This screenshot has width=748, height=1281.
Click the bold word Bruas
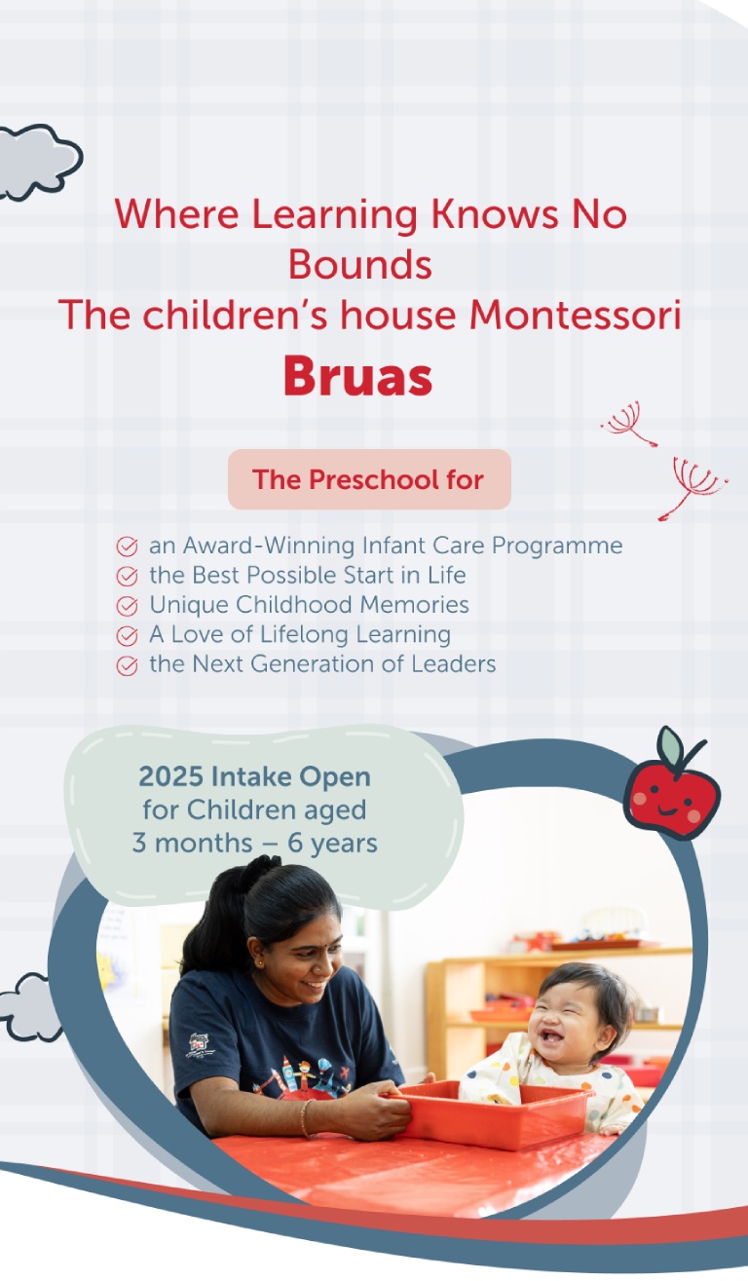[x=358, y=376]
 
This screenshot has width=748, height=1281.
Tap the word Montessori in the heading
[x=576, y=315]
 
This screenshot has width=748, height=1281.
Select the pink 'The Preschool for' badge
[x=369, y=479]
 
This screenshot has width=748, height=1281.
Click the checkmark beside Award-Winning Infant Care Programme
[x=127, y=546]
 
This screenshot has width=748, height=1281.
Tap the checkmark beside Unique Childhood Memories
[x=127, y=606]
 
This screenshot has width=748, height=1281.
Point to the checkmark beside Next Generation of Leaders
[x=127, y=665]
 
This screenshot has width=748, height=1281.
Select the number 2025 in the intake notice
[x=171, y=776]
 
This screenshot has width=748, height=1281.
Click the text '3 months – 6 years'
[x=254, y=843]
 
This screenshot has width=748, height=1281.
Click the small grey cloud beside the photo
[x=30, y=1007]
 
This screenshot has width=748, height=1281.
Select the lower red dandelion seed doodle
[x=691, y=487]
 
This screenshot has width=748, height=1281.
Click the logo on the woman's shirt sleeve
[x=199, y=1044]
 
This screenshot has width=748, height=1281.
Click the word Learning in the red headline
[x=334, y=215]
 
